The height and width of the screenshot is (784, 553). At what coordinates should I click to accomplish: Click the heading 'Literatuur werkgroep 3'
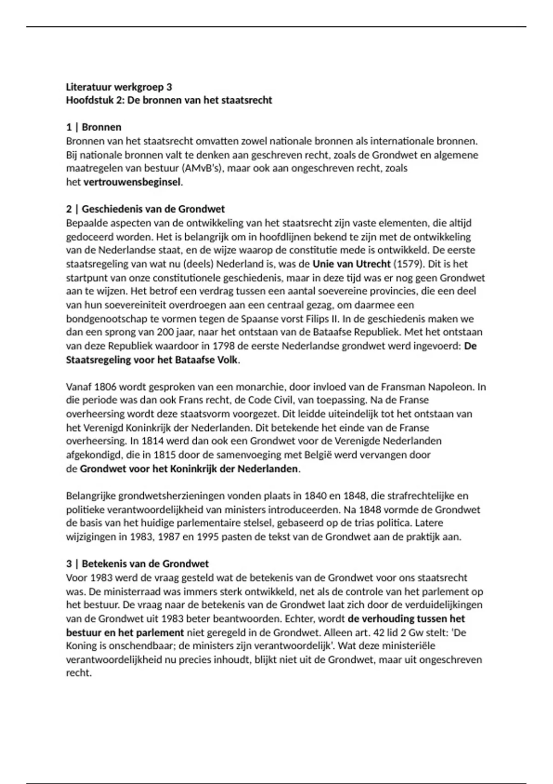tap(119, 87)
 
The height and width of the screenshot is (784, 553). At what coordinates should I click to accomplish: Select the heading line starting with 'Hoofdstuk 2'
tap(169, 100)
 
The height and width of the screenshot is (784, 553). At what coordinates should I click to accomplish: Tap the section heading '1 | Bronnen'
tap(94, 127)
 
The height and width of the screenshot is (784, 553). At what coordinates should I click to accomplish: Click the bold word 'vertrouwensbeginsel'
tap(132, 182)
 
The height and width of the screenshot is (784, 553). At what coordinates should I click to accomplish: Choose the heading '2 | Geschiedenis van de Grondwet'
tap(145, 209)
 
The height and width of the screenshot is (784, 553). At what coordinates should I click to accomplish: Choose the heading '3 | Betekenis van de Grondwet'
tap(137, 564)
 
